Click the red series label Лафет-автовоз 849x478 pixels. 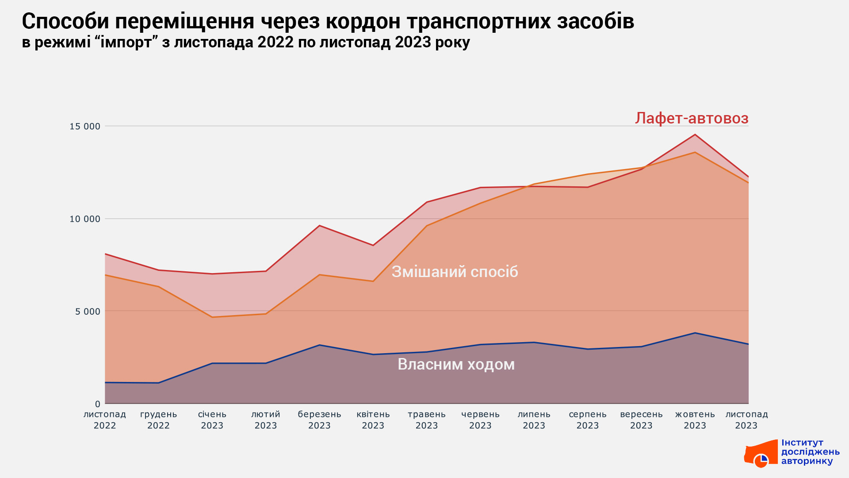tap(692, 118)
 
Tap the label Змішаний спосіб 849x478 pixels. tap(455, 271)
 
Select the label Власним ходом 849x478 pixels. tap(456, 364)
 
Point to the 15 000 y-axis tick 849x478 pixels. tap(85, 127)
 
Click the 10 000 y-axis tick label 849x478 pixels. tap(85, 219)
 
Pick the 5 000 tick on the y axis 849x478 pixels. tap(88, 312)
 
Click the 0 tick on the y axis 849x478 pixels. tap(98, 404)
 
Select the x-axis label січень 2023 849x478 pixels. tap(212, 420)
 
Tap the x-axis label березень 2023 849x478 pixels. tap(319, 420)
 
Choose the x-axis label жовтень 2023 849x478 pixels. tap(695, 420)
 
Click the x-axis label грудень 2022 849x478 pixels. tap(158, 420)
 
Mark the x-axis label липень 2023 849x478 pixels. tap(534, 420)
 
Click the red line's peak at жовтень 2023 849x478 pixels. tap(695, 135)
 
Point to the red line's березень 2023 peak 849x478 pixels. tap(319, 226)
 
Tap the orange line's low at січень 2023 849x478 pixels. tap(212, 317)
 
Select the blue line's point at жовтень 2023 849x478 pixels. tap(695, 333)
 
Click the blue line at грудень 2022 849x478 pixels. tap(158, 383)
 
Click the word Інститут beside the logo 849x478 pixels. tap(802, 443)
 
